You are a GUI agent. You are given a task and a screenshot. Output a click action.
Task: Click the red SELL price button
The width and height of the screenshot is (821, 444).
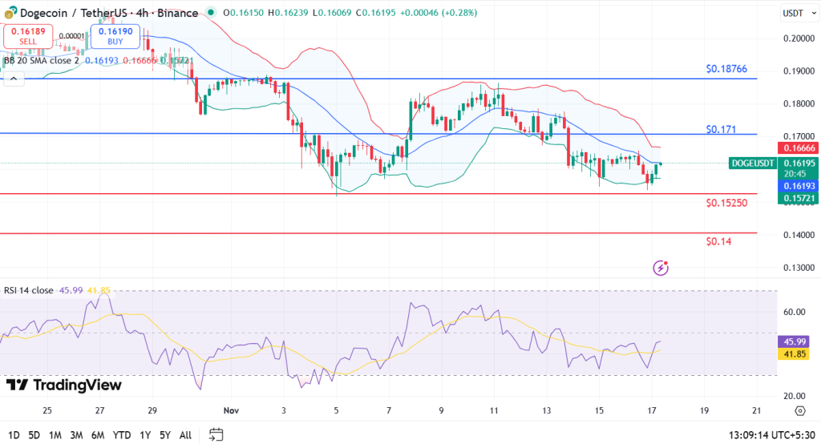click(x=29, y=35)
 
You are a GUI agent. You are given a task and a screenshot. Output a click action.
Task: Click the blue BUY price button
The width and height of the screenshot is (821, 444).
click(x=115, y=35)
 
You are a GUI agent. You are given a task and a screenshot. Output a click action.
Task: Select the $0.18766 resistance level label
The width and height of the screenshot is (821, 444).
click(x=726, y=70)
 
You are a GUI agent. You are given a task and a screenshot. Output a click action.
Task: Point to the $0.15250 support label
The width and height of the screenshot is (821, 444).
click(x=726, y=203)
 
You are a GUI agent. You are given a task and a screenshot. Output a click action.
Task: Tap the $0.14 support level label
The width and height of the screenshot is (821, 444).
click(x=718, y=241)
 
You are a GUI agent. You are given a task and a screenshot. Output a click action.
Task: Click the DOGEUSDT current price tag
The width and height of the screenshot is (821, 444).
click(x=753, y=163)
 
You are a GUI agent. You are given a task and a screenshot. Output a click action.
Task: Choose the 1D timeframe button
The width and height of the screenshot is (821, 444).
click(x=12, y=434)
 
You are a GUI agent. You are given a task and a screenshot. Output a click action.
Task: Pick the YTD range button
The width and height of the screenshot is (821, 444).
click(x=123, y=434)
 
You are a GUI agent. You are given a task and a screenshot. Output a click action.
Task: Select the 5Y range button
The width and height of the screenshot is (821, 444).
click(x=164, y=434)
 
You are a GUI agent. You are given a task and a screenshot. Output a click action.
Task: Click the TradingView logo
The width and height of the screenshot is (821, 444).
click(x=64, y=385)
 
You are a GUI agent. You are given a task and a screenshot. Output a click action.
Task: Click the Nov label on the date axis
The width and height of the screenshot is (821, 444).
click(x=231, y=410)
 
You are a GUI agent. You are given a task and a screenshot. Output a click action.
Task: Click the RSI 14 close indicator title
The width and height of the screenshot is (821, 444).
click(x=29, y=290)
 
